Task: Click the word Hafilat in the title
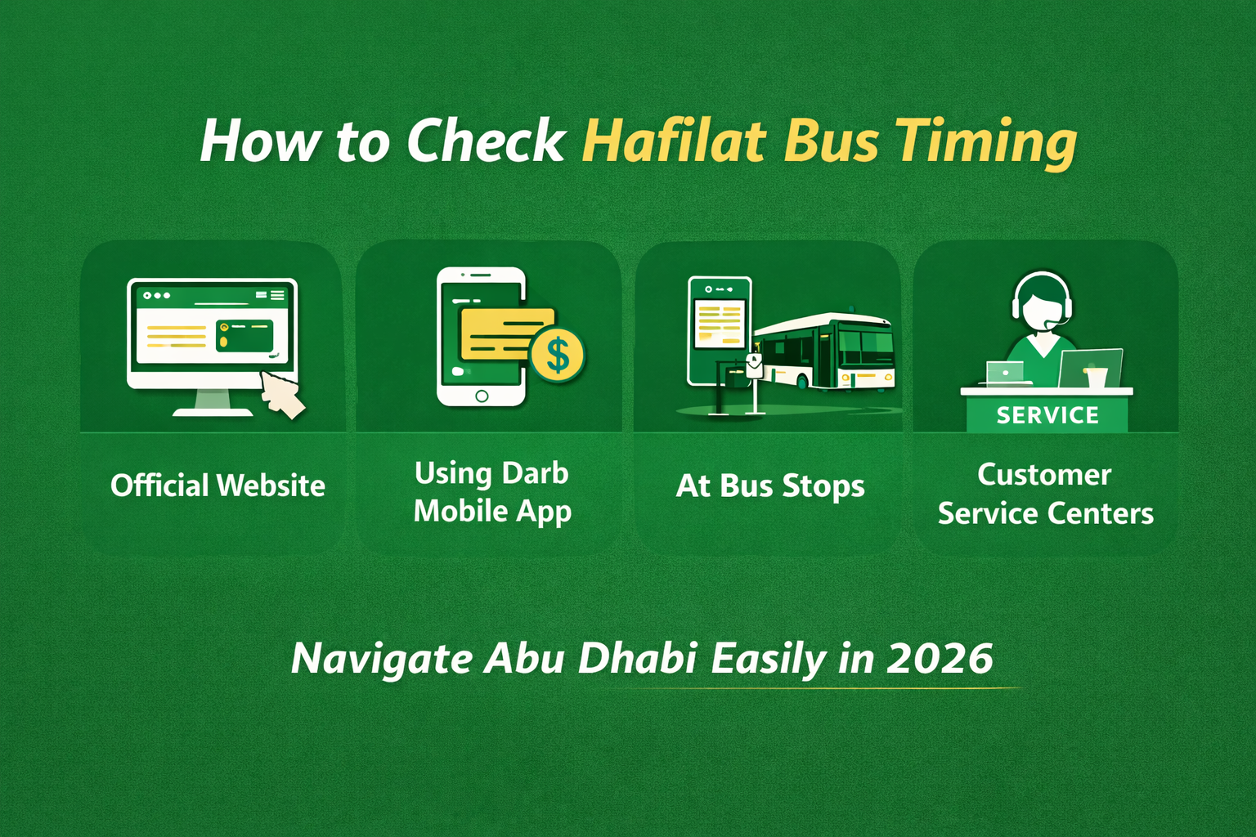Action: click(x=675, y=141)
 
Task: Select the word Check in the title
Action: click(x=486, y=141)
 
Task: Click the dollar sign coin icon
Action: click(x=558, y=355)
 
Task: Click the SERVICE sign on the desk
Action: click(x=1047, y=415)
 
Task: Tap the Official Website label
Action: click(x=218, y=486)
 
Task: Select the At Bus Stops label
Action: click(x=769, y=486)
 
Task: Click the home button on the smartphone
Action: click(x=482, y=396)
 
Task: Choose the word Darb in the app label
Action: click(x=535, y=473)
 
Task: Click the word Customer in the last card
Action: click(x=1044, y=475)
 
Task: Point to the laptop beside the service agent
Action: click(x=1090, y=369)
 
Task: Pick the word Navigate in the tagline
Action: click(x=381, y=658)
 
